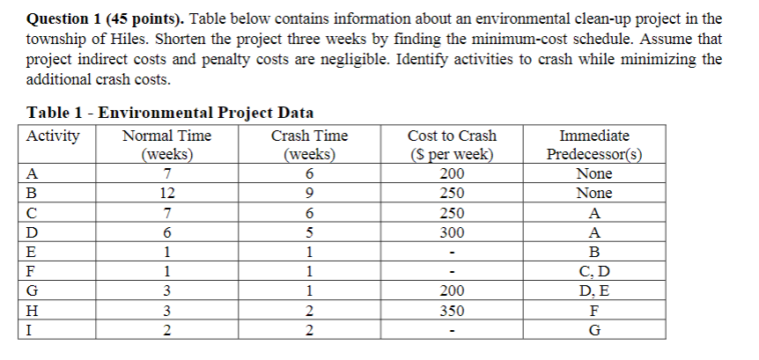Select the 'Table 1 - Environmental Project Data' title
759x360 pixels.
click(x=171, y=113)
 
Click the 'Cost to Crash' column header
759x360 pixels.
click(x=452, y=136)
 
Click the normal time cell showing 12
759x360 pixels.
click(x=166, y=194)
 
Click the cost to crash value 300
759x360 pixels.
click(x=452, y=233)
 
